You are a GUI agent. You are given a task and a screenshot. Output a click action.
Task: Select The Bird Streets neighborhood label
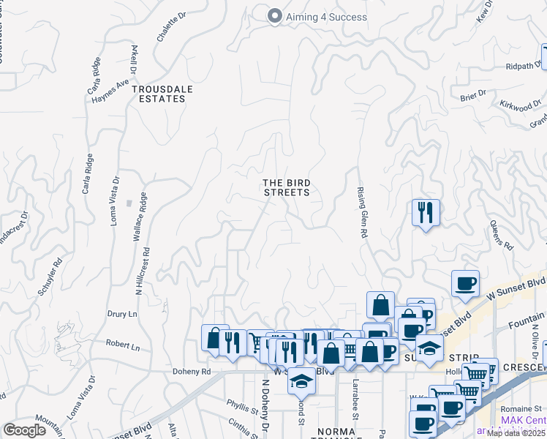(x=286, y=187)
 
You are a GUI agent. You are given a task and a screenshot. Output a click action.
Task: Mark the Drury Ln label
(x=122, y=313)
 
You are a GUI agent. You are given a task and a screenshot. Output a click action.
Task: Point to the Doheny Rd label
(x=192, y=372)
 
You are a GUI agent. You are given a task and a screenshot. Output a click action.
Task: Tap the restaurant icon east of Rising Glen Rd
(x=426, y=213)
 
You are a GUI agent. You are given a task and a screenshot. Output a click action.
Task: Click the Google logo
(x=25, y=430)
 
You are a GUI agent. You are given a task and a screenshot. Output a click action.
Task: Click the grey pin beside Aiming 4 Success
(x=275, y=15)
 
